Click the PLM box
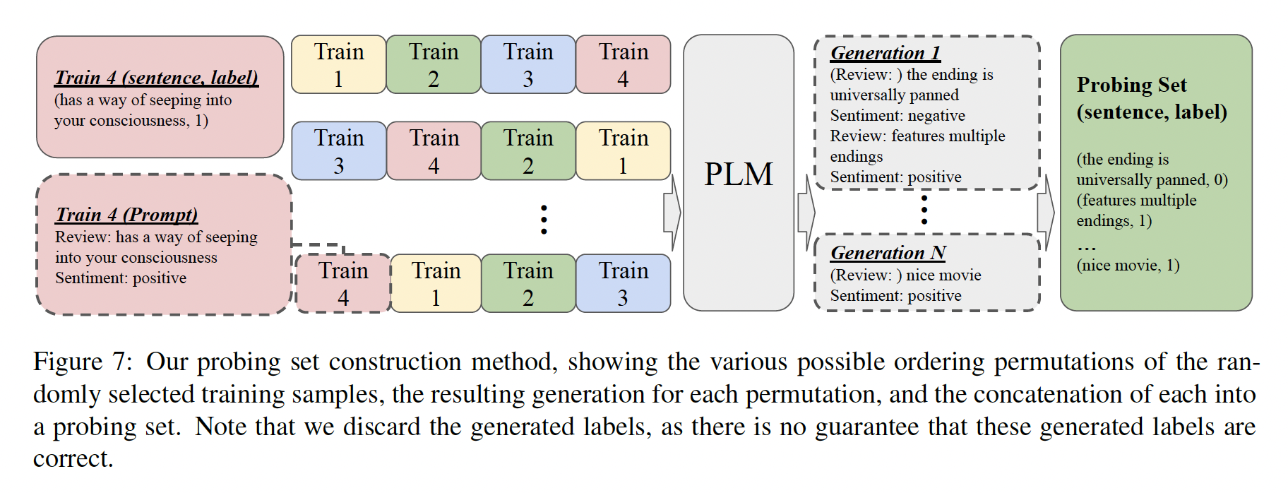pyautogui.click(x=739, y=173)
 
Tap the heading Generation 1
pyautogui.click(x=885, y=53)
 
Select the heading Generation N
pyautogui.click(x=888, y=253)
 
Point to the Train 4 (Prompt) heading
pyautogui.click(x=126, y=215)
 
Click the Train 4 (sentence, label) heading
pyautogui.click(x=156, y=78)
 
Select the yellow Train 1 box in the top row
pyautogui.click(x=339, y=65)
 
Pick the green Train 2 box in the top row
pyautogui.click(x=434, y=65)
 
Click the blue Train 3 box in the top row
pyautogui.click(x=528, y=65)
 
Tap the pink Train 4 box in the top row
pyautogui.click(x=623, y=65)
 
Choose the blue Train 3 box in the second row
pyautogui.click(x=339, y=151)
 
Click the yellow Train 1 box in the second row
pyautogui.click(x=623, y=151)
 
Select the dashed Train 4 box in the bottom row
pyautogui.click(x=343, y=283)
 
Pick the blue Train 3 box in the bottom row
pyautogui.click(x=623, y=283)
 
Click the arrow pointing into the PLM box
pyautogui.click(x=672, y=212)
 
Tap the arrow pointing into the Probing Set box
pyautogui.click(x=1046, y=212)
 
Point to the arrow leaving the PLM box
pyautogui.click(x=806, y=212)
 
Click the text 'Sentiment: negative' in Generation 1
pyautogui.click(x=897, y=116)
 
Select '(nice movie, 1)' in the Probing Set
pyautogui.click(x=1128, y=266)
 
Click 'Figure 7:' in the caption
pyautogui.click(x=82, y=362)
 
